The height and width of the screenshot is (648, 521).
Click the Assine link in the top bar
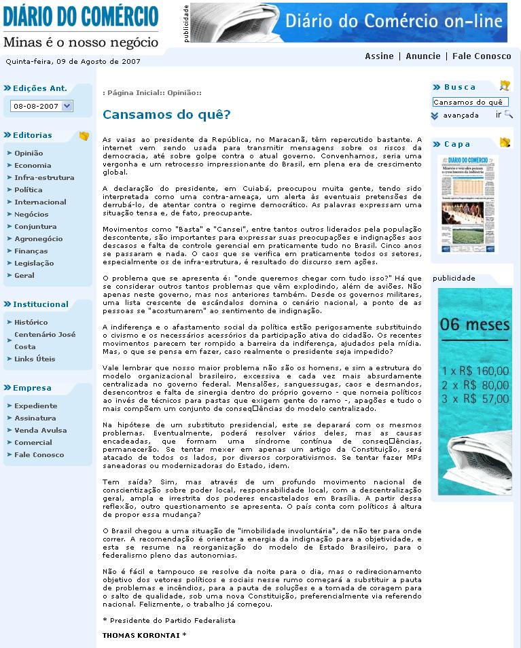click(x=379, y=56)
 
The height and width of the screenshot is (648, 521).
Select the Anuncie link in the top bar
click(x=423, y=56)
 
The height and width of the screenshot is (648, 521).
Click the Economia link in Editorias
click(x=33, y=165)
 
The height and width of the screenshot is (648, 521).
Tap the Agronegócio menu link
click(x=38, y=238)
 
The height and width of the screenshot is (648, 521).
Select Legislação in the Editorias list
click(x=34, y=263)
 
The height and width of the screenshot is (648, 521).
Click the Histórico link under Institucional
click(x=31, y=322)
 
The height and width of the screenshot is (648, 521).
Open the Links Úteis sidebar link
click(x=35, y=359)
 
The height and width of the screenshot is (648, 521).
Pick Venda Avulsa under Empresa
click(x=40, y=430)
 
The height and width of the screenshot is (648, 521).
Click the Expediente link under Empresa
click(x=36, y=406)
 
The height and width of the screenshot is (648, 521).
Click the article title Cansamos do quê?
click(x=166, y=115)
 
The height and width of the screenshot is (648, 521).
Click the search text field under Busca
click(x=469, y=102)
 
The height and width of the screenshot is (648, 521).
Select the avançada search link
click(x=461, y=115)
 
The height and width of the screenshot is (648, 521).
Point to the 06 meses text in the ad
click(x=474, y=325)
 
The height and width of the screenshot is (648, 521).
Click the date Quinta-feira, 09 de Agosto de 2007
click(x=73, y=60)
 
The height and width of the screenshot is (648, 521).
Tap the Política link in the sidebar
click(x=28, y=190)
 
